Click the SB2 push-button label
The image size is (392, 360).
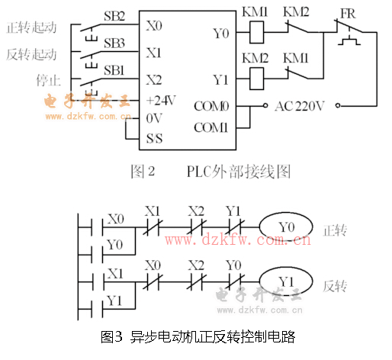pos(114,16)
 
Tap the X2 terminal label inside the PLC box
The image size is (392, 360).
pos(154,80)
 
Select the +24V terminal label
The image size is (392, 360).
pos(161,101)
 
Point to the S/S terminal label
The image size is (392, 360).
pos(154,139)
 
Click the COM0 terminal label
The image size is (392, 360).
pos(211,106)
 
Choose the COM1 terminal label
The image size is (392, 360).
pos(210,127)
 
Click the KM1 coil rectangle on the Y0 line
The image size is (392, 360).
pos(256,32)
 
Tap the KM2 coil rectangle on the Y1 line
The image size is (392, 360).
pos(256,79)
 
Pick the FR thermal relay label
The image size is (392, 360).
pos(348,14)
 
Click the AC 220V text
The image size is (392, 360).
pos(300,106)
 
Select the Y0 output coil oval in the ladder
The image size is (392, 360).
pos(286,227)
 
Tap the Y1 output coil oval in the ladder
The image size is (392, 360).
pos(286,281)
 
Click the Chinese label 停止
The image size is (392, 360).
pos(48,80)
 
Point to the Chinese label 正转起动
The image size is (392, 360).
pos(31,27)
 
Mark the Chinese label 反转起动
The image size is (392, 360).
pos(31,54)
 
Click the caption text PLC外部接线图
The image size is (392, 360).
pos(239,172)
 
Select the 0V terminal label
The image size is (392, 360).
pos(154,118)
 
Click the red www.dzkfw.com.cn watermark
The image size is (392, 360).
pos(238,239)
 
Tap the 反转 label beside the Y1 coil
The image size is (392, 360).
pos(335,286)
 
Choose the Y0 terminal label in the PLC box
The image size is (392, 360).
pos(221,34)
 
